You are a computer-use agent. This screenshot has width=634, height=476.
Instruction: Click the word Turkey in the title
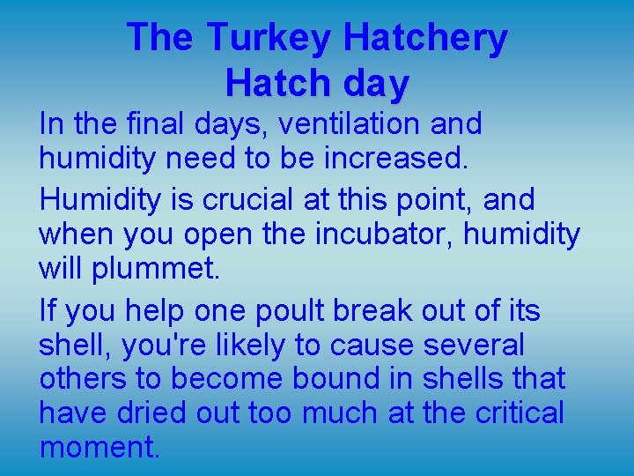pos(270,38)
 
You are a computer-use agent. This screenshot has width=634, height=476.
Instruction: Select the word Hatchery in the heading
pos(425,38)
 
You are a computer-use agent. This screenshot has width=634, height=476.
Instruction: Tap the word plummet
pos(154,269)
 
